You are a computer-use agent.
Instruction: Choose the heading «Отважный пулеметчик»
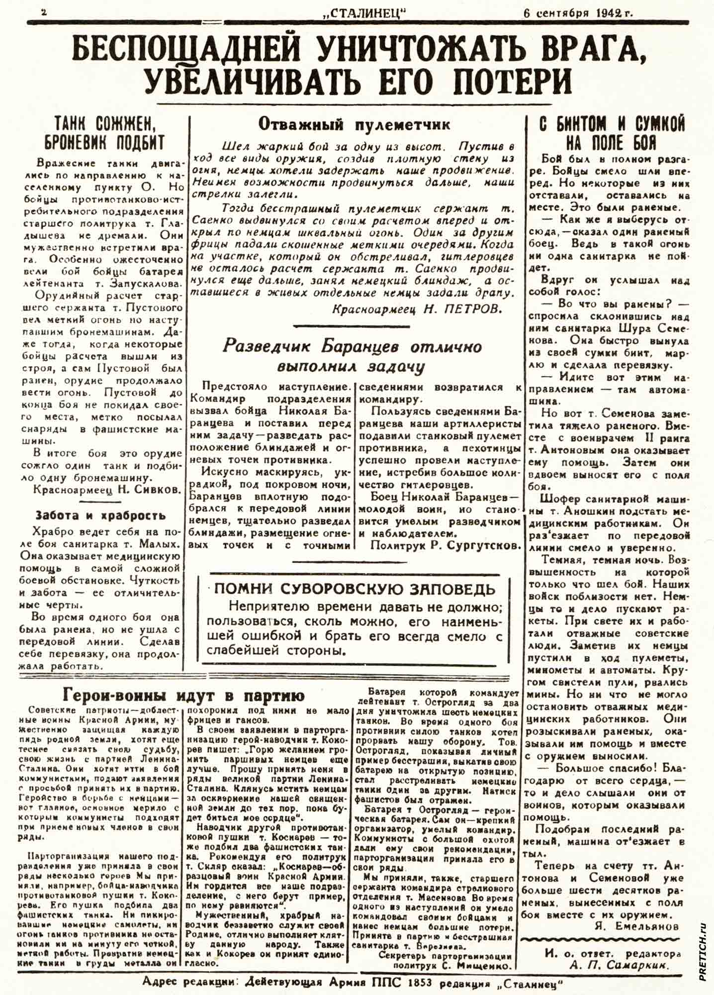[354, 124]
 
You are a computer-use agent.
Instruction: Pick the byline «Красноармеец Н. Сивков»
[106, 490]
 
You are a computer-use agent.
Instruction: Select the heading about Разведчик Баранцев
[352, 356]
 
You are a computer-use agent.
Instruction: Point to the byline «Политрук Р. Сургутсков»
[445, 545]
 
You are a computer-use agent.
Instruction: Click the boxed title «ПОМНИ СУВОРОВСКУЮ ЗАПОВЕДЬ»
[355, 589]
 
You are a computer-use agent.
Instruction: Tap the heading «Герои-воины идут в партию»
[184, 695]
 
